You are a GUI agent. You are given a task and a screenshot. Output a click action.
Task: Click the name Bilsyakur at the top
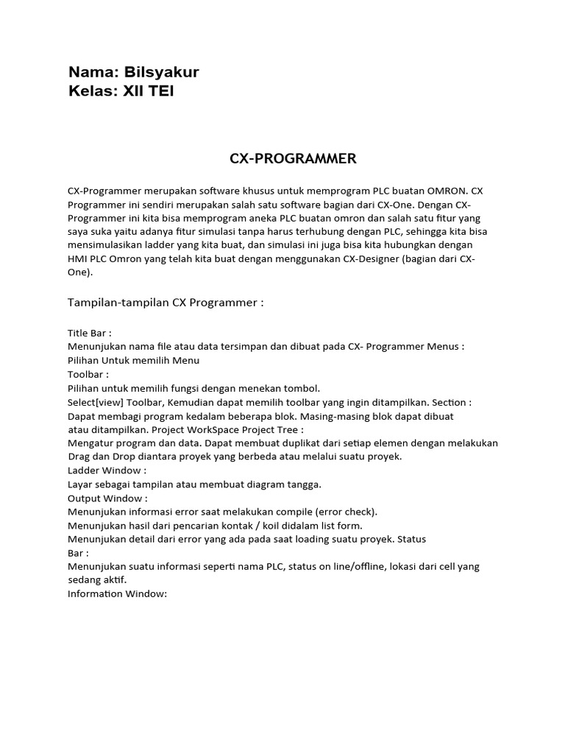[162, 72]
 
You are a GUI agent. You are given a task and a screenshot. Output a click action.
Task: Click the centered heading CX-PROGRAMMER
[282, 158]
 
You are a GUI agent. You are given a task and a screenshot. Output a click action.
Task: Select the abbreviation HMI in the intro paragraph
[78, 258]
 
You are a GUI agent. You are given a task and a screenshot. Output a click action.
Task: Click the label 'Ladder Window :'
[107, 471]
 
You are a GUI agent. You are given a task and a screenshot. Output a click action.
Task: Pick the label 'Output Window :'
[107, 498]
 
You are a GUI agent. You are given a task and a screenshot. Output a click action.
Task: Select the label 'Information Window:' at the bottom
[118, 593]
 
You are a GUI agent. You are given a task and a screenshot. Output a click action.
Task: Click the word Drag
[79, 457]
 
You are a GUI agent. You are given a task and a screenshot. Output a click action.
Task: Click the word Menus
[445, 347]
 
